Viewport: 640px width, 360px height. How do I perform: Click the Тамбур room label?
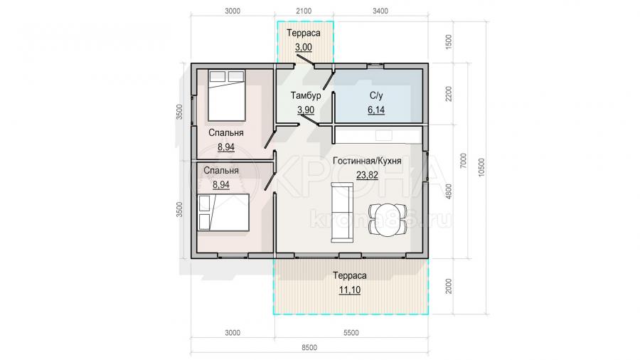coord(306,95)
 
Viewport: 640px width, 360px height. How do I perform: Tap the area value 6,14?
coord(376,110)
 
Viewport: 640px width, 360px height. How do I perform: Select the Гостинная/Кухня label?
coord(367,161)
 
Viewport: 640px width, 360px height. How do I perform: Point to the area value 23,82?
coord(367,175)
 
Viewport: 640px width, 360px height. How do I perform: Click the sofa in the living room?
coord(342,212)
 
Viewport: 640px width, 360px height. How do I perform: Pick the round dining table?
coord(388,220)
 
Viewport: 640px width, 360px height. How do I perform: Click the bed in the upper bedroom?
coord(227,95)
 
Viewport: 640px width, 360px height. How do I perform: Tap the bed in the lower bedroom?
coord(223,213)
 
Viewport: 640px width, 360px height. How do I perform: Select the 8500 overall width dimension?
coord(309,348)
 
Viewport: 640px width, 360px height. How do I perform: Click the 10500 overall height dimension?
coord(482,167)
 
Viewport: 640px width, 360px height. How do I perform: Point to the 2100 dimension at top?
coord(303,11)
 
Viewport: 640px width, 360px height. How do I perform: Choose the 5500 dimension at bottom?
coord(351,333)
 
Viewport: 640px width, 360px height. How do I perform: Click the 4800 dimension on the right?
coord(449,191)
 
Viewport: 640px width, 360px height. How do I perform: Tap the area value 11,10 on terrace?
coord(349,290)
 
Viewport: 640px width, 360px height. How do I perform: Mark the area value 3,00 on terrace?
coord(303,48)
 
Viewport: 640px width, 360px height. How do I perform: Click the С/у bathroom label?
coord(376,95)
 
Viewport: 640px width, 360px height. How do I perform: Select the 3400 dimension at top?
coord(380,11)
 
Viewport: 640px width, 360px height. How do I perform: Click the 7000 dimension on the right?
coord(463,161)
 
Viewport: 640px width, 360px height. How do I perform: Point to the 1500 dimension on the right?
coord(449,42)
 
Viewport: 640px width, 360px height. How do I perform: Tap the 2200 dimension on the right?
coord(449,94)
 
